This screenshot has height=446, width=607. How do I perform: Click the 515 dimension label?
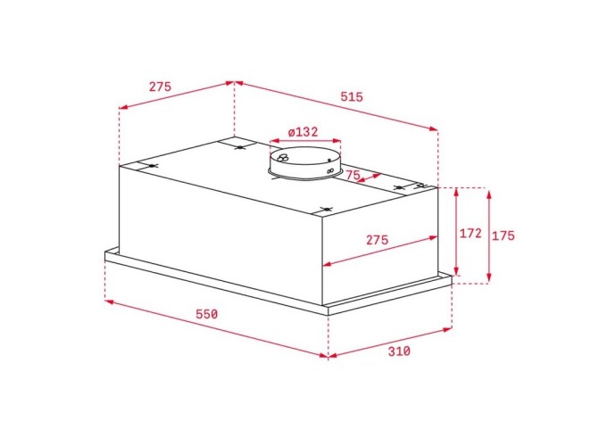point(352,96)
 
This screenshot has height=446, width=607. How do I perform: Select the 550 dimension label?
point(206,314)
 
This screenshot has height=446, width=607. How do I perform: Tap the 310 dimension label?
point(399,351)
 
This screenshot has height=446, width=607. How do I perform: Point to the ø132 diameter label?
point(303,132)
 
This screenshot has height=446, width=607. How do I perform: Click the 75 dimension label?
point(353,175)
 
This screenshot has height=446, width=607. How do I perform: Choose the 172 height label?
point(470,233)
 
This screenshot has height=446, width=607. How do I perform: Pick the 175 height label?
point(503,235)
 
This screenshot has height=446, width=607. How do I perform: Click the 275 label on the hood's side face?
point(377,240)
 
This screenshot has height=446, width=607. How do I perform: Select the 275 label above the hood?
point(160,87)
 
